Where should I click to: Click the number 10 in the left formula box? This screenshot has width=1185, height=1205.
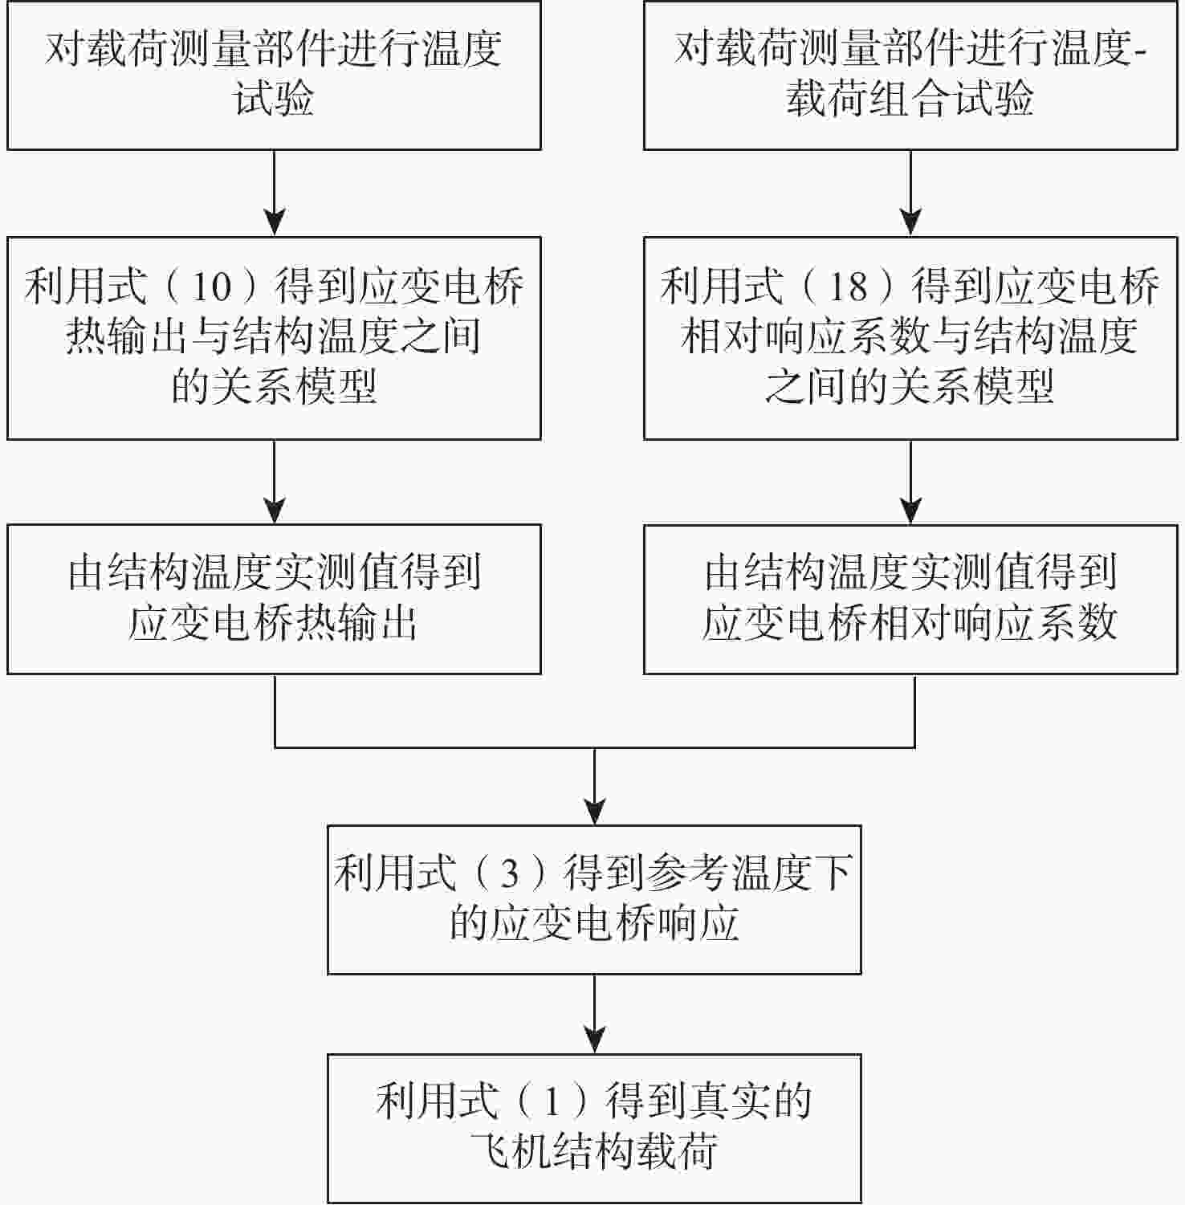[x=212, y=287]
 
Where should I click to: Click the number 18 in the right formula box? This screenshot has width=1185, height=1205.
[x=848, y=287]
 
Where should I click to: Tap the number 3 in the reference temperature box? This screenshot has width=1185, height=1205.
[x=510, y=874]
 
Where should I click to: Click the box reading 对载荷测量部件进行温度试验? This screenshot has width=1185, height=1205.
[x=274, y=75]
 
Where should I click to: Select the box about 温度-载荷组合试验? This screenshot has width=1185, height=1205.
[x=910, y=75]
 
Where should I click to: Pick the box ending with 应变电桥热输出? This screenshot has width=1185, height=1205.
[x=274, y=599]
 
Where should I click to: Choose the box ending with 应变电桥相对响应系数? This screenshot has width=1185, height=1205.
[x=910, y=599]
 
